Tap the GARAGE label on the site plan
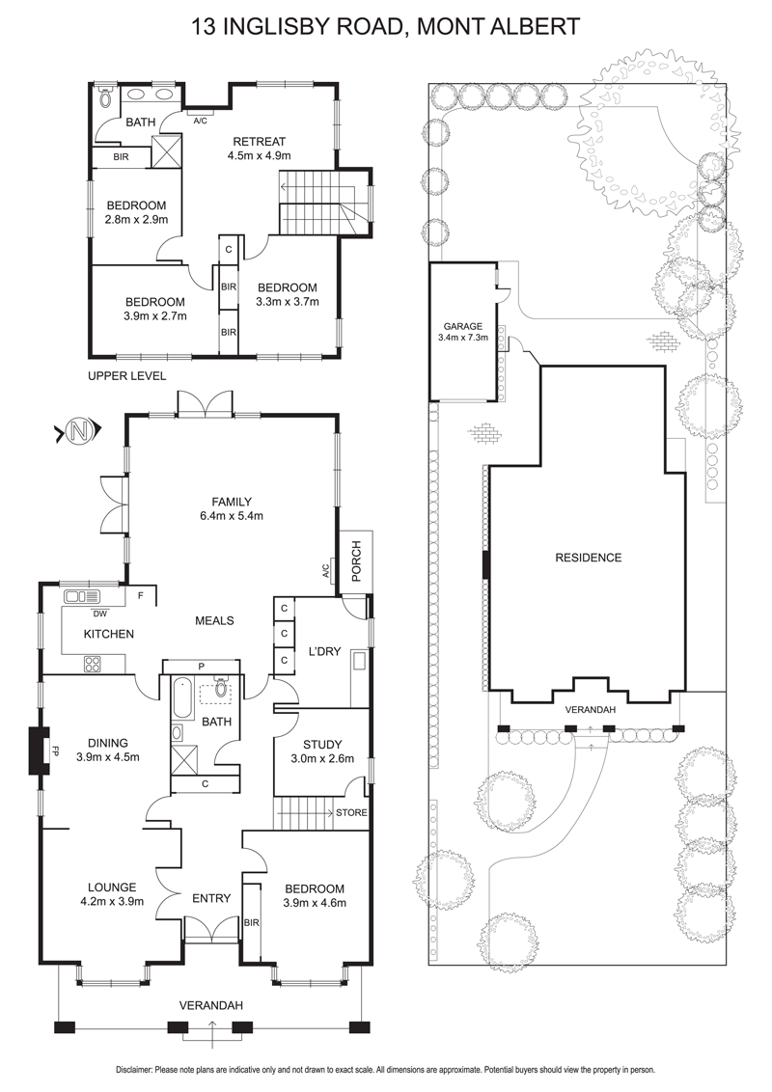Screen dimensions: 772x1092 (x=462, y=326)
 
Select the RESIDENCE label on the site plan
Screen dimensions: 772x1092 (x=588, y=558)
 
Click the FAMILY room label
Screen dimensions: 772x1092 (x=232, y=502)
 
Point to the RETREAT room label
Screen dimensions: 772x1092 (x=260, y=142)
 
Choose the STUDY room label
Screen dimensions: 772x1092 (x=322, y=745)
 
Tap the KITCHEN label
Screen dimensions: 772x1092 (x=109, y=634)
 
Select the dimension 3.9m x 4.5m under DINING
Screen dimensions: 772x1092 (x=108, y=757)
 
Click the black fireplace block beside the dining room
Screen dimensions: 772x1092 (x=38, y=751)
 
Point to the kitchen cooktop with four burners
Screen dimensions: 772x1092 (x=92, y=664)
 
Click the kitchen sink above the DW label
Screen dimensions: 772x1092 (x=82, y=597)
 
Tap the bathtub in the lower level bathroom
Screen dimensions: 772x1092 (x=181, y=698)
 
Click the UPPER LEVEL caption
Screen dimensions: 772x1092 (x=126, y=376)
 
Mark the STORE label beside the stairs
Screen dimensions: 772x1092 (x=351, y=813)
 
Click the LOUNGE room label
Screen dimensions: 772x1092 (x=112, y=887)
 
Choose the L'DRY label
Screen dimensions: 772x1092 (x=324, y=651)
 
